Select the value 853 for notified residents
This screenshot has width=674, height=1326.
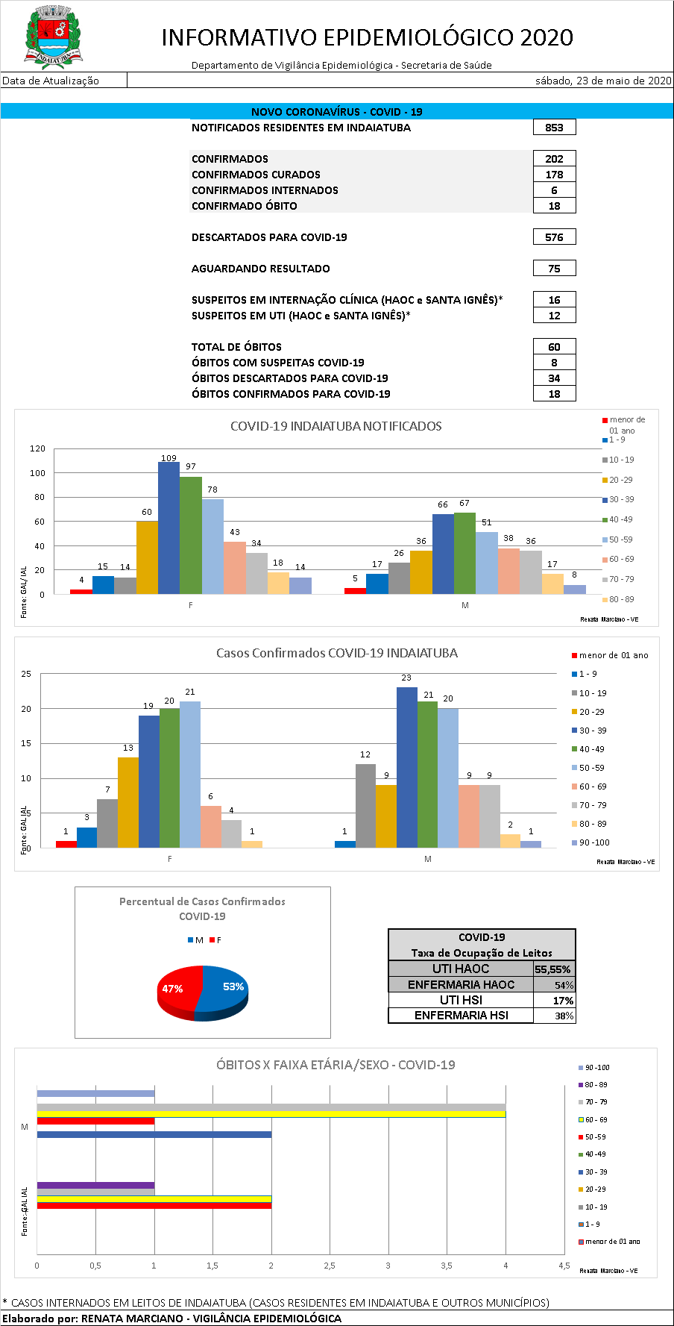(554, 128)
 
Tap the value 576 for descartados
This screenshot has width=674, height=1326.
(554, 237)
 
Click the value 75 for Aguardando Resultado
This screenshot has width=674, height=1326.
(554, 269)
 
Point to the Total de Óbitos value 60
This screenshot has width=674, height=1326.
(554, 347)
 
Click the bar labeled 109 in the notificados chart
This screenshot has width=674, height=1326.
(168, 528)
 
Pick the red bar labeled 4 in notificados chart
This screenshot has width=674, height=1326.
(81, 592)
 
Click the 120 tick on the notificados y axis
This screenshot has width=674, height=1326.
(37, 449)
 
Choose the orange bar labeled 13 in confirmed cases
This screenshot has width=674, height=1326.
(128, 802)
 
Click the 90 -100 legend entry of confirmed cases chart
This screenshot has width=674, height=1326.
(593, 842)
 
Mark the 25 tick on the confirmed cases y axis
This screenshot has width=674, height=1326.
(26, 675)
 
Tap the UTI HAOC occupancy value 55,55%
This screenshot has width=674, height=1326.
(553, 969)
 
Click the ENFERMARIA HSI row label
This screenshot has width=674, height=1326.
(461, 1016)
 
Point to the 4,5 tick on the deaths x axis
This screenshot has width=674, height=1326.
(564, 1266)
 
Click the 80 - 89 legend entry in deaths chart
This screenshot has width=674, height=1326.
(595, 1085)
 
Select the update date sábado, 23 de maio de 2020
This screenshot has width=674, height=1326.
(603, 81)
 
